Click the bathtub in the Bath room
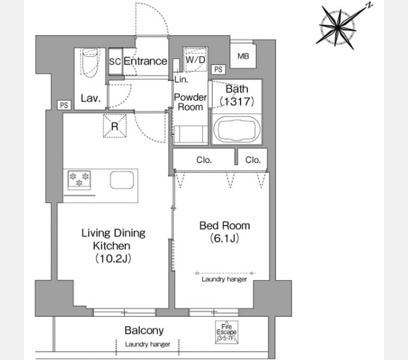tap(236, 129)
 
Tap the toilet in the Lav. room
tap(90, 62)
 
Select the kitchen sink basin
tap(122, 180)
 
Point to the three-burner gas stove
tap(79, 180)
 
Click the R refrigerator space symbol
tap(115, 126)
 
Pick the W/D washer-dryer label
tap(196, 60)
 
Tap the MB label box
tap(243, 56)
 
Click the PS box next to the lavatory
tap(64, 105)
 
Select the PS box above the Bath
tap(218, 70)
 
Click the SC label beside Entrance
tap(115, 62)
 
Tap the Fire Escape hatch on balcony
tap(226, 332)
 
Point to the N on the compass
tap(369, 5)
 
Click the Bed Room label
tap(224, 226)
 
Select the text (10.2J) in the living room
tap(113, 258)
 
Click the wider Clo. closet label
tap(204, 160)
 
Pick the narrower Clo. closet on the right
tap(253, 160)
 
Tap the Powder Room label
tap(190, 102)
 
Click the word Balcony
tap(144, 331)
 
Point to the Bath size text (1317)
tap(237, 101)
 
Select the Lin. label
tap(181, 79)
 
